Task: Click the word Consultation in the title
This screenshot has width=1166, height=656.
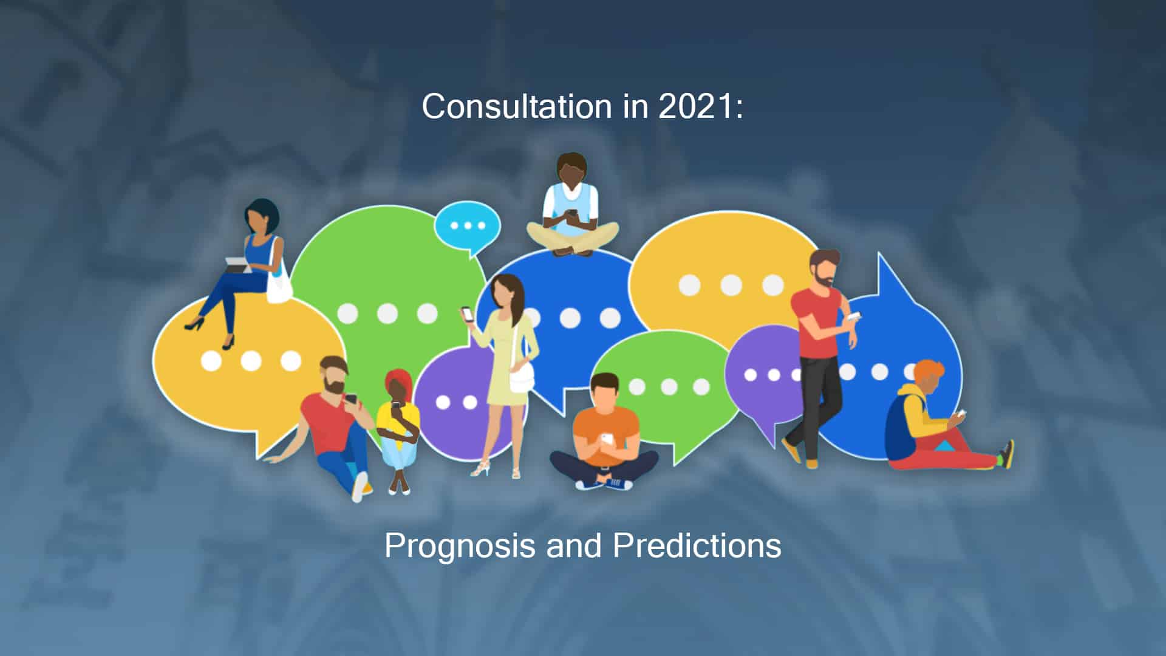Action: [x=517, y=106]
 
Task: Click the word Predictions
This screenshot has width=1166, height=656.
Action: [x=697, y=545]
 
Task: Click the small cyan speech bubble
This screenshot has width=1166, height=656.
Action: [x=468, y=227]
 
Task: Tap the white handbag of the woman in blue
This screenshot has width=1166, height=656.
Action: [x=279, y=282]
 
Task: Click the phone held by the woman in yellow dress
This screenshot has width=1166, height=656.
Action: [x=468, y=314]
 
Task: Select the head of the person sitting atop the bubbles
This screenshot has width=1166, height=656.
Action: [x=572, y=169]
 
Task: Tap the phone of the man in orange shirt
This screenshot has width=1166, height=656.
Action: [x=607, y=438]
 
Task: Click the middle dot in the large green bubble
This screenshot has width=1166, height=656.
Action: [x=387, y=313]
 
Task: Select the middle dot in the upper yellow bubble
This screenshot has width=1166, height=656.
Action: [x=731, y=284]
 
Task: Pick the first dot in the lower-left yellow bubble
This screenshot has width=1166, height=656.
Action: [x=211, y=360]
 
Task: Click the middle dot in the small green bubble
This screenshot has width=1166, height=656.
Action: [x=669, y=386]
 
